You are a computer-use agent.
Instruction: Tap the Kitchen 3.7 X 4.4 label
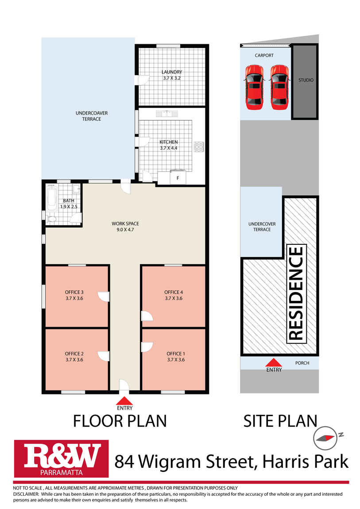pos(168,145)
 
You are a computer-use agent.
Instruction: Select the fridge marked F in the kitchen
pos(178,177)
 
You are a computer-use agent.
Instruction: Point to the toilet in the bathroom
pos(52,219)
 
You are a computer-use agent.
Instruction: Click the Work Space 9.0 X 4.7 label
pos(125,227)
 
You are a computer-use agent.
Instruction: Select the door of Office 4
pos(147,316)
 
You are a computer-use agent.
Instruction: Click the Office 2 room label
pos(74,356)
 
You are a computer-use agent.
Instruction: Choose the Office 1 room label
pos(176,356)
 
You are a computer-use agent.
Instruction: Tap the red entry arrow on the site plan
pos(274,362)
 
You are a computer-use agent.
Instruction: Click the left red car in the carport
pos(254,87)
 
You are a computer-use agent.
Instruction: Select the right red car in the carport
pos(279,87)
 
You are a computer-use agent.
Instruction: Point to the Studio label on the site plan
pos(306,80)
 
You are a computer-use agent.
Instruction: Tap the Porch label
pos(302,363)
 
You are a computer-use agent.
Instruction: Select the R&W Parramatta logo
pos(62,459)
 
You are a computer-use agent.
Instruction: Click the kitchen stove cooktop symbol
pos(198,147)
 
